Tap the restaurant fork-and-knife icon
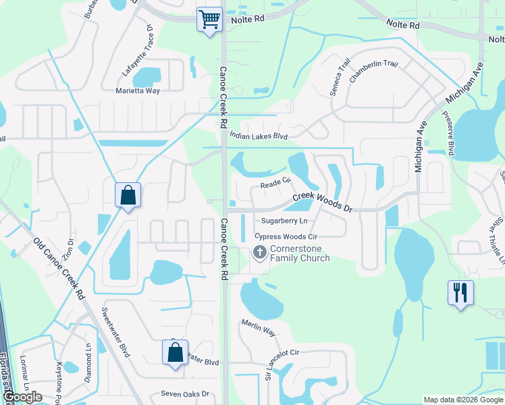tap(460, 292)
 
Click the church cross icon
tap(259, 253)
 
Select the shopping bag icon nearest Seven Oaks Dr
tap(175, 352)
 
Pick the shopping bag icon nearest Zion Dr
tap(128, 196)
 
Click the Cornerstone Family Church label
tap(300, 253)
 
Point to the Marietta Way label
tap(138, 90)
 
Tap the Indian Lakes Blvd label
tap(259, 136)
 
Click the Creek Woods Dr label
tap(323, 201)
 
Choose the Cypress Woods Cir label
tap(286, 236)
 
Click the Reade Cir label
tap(275, 182)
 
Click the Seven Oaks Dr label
tap(185, 394)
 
